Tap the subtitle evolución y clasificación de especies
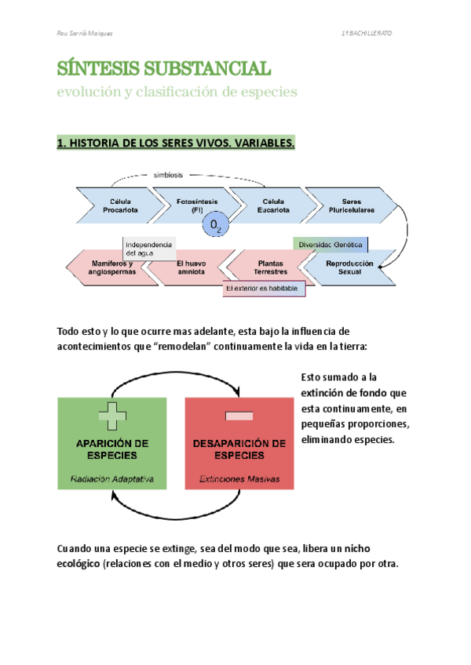tap(177, 92)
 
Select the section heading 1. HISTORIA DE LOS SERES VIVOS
tap(176, 144)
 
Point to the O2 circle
tap(216, 227)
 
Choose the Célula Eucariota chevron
tap(273, 205)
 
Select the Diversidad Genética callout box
tap(330, 245)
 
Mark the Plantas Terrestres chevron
tap(270, 267)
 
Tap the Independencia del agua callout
tap(149, 249)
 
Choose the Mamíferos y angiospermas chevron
tap(108, 267)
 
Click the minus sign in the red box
tap(239, 416)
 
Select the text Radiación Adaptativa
tap(112, 478)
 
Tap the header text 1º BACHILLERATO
tap(367, 35)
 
